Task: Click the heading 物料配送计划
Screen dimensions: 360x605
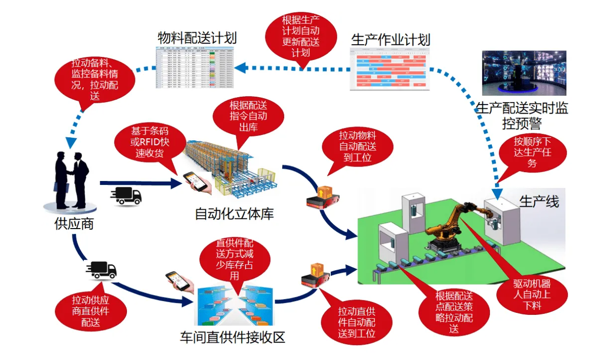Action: tap(197, 38)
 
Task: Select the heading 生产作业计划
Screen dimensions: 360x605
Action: tap(390, 40)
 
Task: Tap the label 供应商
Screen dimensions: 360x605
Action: tap(74, 224)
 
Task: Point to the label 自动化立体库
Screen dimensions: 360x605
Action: tap(234, 214)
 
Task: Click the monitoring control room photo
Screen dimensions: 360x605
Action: tap(524, 73)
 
